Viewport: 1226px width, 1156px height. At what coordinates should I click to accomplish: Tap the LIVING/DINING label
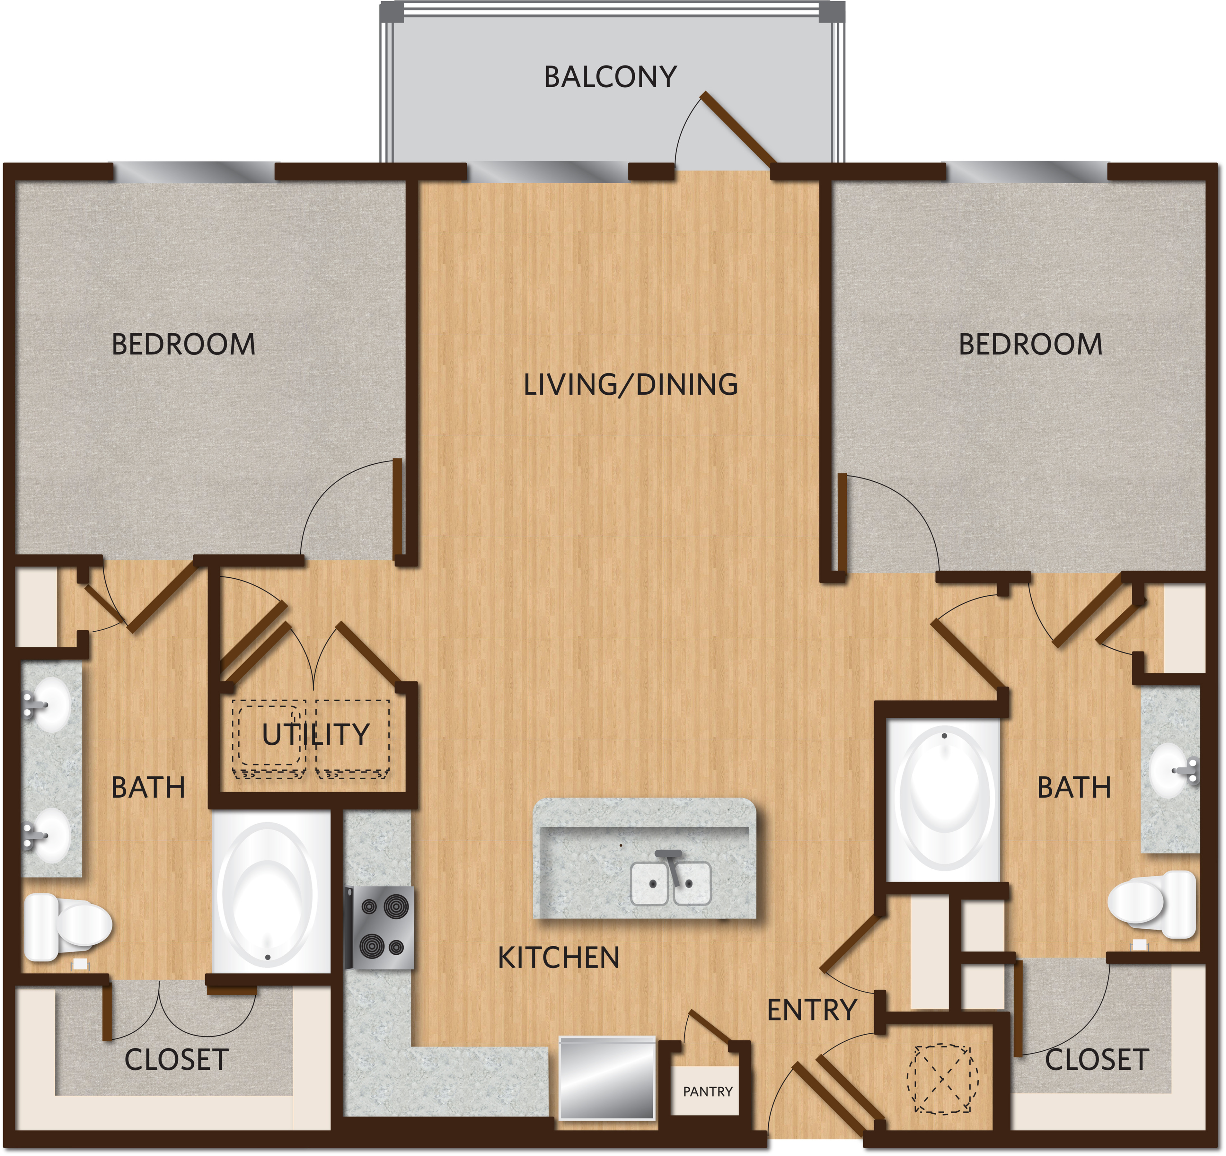point(630,385)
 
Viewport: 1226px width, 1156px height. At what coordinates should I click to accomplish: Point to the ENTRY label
point(812,1010)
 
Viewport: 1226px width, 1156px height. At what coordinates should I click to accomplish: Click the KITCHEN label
point(558,958)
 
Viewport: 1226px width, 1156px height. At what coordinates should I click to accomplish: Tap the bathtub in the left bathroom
point(271,892)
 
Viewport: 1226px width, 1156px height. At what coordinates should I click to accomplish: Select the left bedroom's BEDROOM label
point(183,344)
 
